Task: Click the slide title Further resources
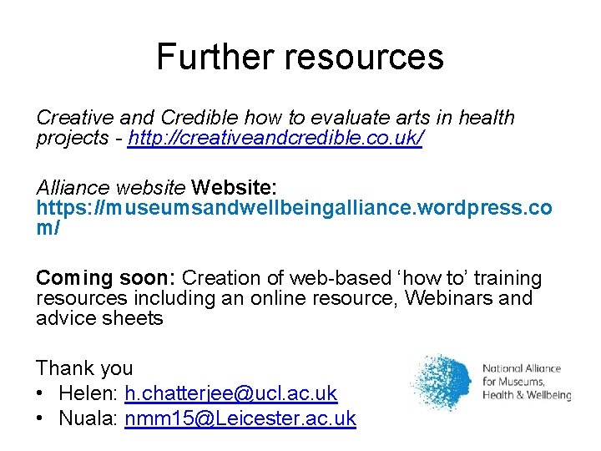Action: point(300,57)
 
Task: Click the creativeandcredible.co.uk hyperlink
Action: point(275,138)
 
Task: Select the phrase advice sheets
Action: point(99,318)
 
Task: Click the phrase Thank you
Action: point(84,367)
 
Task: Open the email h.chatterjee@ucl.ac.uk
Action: point(230,393)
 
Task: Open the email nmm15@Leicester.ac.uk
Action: point(240,418)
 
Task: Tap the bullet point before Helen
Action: point(41,393)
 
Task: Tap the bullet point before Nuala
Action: point(41,418)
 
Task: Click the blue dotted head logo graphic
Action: point(442,383)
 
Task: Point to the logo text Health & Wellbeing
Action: point(527,395)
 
